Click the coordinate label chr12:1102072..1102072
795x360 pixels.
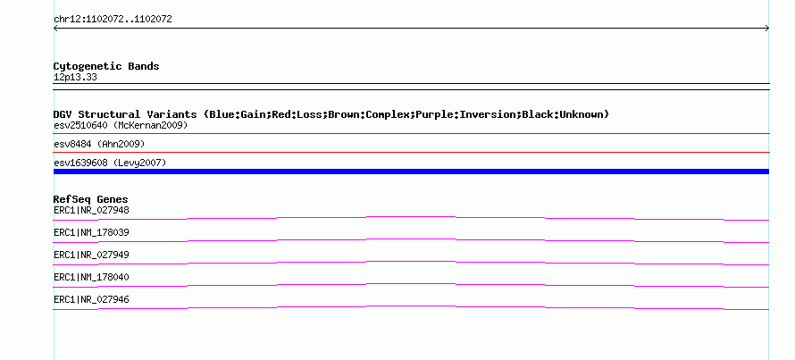pos(113,20)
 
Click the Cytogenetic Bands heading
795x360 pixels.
pos(106,66)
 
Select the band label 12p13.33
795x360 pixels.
pos(75,78)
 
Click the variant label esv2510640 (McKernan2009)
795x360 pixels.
pos(121,125)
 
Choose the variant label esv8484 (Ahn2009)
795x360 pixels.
pos(99,145)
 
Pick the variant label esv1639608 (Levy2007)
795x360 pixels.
pos(110,163)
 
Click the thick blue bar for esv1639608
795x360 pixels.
pos(411,172)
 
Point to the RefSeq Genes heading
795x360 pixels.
pos(91,199)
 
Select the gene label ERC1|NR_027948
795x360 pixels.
pos(91,210)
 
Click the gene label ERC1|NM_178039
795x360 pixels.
pos(91,233)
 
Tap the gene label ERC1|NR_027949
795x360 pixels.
pos(91,255)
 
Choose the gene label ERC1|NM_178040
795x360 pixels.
pos(91,277)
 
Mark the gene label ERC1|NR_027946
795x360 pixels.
pos(91,299)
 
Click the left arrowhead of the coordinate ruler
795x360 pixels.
pos(55,29)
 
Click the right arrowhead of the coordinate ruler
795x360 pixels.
pos(767,29)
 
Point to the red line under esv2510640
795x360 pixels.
pos(411,134)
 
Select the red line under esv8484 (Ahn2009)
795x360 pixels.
pos(411,152)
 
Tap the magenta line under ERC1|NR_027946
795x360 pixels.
pos(411,306)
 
